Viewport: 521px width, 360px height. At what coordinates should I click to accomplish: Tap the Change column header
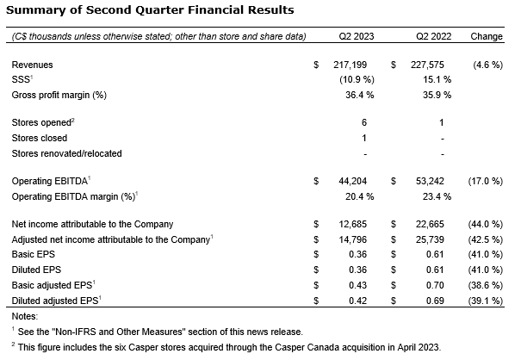[x=487, y=38]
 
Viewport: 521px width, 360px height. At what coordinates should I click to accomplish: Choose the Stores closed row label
[x=40, y=138]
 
